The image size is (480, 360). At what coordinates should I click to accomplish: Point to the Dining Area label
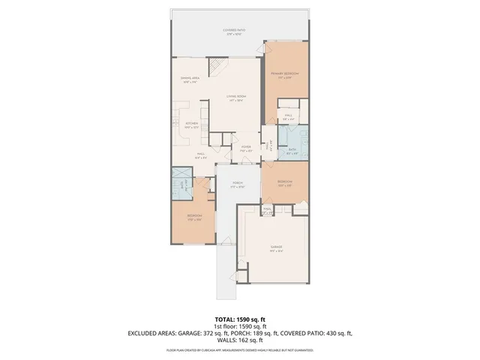point(189,79)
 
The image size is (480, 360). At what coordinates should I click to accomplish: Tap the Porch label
point(238,184)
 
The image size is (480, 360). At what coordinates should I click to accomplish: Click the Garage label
point(276,247)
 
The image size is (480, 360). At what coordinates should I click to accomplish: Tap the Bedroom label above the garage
point(284,184)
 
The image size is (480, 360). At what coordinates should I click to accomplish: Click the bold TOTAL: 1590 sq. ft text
point(239,318)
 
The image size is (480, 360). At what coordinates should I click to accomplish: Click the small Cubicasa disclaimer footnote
point(239,350)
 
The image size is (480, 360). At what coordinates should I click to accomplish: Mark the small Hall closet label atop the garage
point(268,211)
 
